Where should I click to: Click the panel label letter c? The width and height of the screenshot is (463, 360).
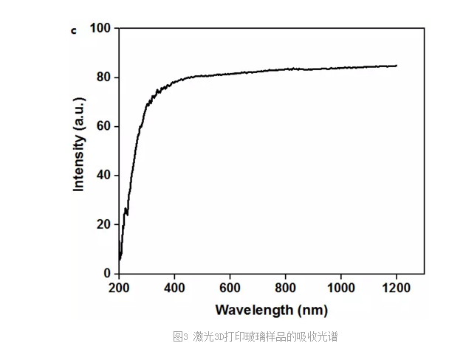72,31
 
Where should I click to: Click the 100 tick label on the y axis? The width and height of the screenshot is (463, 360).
100,28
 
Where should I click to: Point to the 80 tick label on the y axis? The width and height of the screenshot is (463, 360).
103,77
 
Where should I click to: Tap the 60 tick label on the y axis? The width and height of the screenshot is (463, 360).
103,126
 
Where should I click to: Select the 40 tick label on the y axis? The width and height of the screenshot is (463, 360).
103,176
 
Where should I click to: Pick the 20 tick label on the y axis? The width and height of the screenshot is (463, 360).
103,224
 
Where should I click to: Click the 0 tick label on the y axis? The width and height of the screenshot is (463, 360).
106,274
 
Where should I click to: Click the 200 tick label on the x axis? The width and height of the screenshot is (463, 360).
119,288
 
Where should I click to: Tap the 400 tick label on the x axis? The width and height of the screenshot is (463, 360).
174,288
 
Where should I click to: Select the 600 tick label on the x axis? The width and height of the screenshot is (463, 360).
230,288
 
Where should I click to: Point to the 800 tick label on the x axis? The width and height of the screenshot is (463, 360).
285,288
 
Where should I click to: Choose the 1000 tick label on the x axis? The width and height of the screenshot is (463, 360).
340,288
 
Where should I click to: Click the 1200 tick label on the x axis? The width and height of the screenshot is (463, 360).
397,288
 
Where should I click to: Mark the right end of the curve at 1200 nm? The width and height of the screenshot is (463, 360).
397,66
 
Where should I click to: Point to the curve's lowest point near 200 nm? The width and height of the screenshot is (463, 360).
120,259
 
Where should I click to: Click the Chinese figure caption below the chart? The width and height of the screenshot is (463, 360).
255,337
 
